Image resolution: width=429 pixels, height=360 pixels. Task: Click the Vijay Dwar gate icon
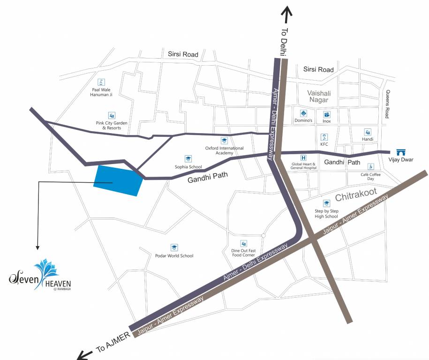pyautogui.click(x=400, y=152)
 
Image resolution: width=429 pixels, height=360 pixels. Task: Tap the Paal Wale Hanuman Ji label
pyautogui.click(x=102, y=92)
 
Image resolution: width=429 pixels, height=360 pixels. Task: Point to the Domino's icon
pyautogui.click(x=303, y=113)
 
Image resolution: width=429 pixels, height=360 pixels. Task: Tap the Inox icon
pyautogui.click(x=327, y=114)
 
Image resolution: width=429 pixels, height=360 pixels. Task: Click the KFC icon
pyautogui.click(x=324, y=137)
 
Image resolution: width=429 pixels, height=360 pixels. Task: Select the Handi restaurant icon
pyautogui.click(x=368, y=132)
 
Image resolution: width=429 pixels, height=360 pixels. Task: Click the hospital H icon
pyautogui.click(x=303, y=158)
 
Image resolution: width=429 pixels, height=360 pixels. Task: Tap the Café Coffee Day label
pyautogui.click(x=370, y=176)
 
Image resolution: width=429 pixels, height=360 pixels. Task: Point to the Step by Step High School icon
pyautogui.click(x=326, y=203)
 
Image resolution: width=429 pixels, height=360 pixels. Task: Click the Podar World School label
pyautogui.click(x=174, y=255)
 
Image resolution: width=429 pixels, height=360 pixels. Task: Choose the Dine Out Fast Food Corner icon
pyautogui.click(x=243, y=243)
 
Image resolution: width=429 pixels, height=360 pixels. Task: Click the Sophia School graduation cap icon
pyautogui.click(x=188, y=159)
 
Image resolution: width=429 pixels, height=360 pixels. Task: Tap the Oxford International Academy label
pyautogui.click(x=224, y=150)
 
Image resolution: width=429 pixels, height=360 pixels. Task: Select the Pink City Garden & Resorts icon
pyautogui.click(x=112, y=115)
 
